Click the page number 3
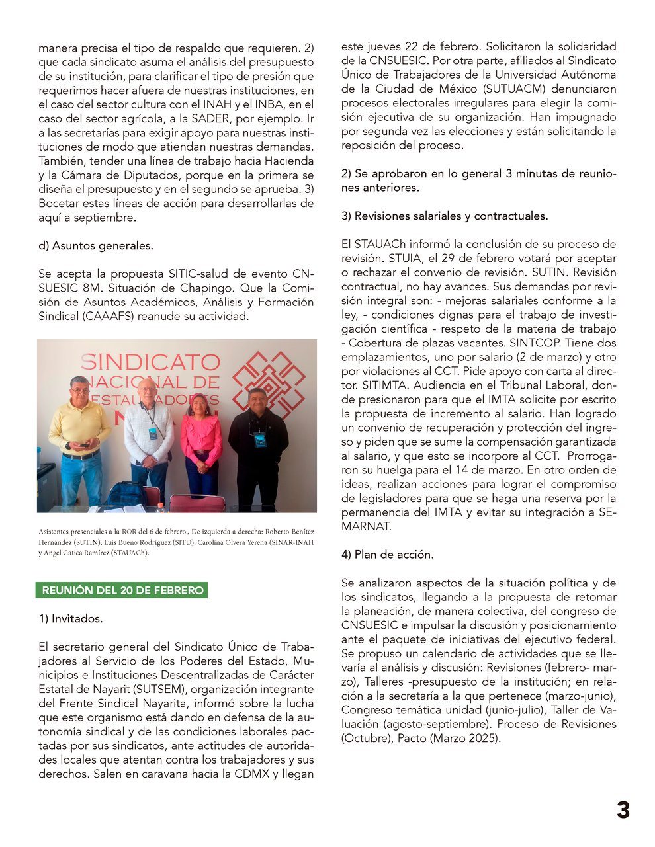pyautogui.click(x=623, y=811)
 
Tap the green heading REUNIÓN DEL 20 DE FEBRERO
pyautogui.click(x=122, y=590)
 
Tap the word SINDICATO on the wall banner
pyautogui.click(x=150, y=362)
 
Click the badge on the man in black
pyautogui.click(x=260, y=439)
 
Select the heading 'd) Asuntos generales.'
pyautogui.click(x=96, y=245)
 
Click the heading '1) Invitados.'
pyautogui.click(x=71, y=619)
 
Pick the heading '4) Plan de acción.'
pyautogui.click(x=388, y=555)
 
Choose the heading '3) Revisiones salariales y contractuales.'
pyautogui.click(x=445, y=216)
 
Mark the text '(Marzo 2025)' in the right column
pyautogui.click(x=466, y=738)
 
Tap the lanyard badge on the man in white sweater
pyautogui.click(x=153, y=434)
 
